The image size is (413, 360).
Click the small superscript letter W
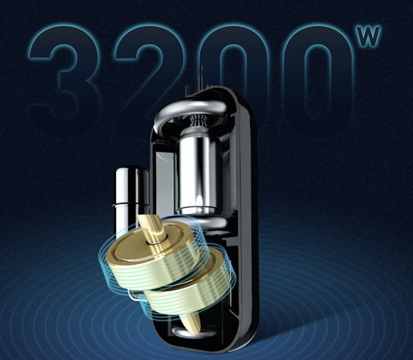tap(369, 36)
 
